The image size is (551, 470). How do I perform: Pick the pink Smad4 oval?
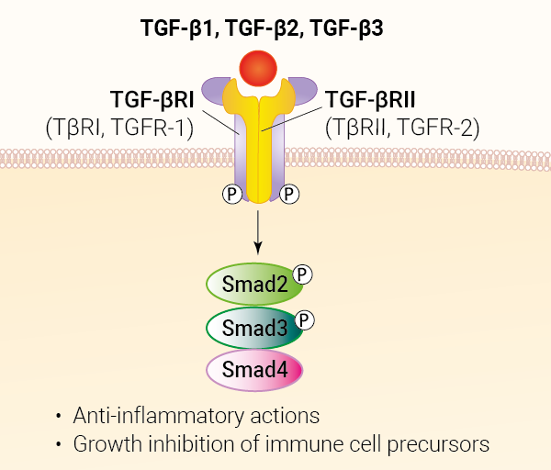pos(254,369)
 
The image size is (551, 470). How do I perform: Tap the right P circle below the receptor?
pos(290,195)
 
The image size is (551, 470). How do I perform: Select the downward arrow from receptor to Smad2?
pos(259,234)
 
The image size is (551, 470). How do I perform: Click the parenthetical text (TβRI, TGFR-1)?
pos(119,128)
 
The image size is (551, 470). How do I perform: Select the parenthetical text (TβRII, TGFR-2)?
pos(402,128)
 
